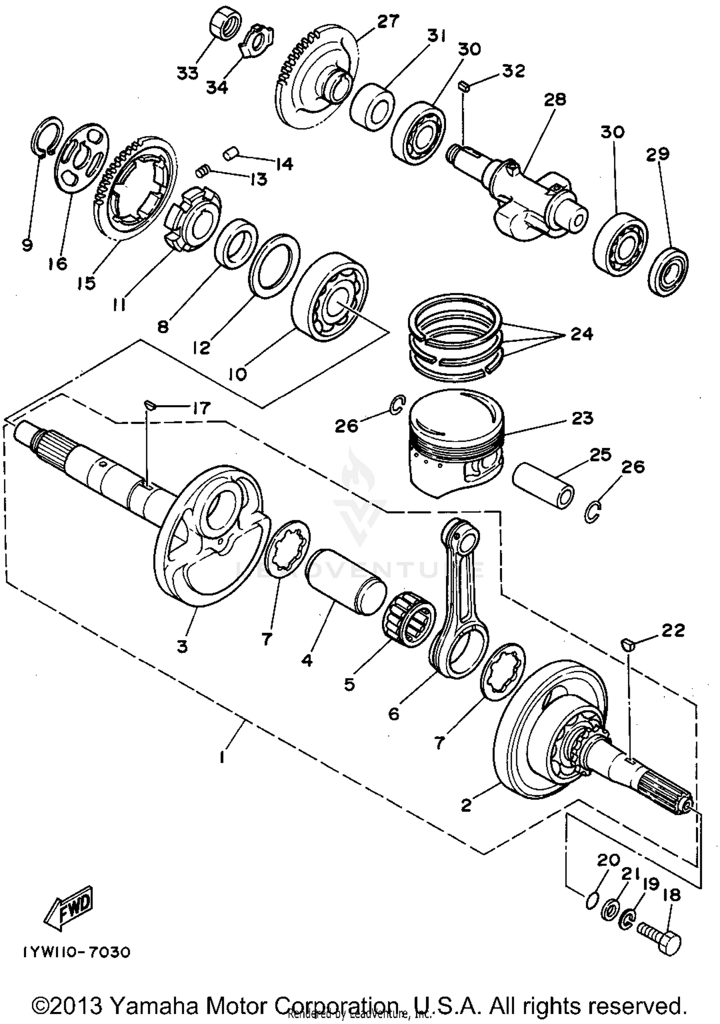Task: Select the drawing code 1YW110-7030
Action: (x=75, y=952)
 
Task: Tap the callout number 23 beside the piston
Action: (x=582, y=418)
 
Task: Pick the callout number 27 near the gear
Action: (x=388, y=22)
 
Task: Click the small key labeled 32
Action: (x=463, y=86)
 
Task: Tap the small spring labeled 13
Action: (x=203, y=171)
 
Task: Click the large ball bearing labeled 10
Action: (x=331, y=297)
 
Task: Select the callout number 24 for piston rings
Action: (x=581, y=333)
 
